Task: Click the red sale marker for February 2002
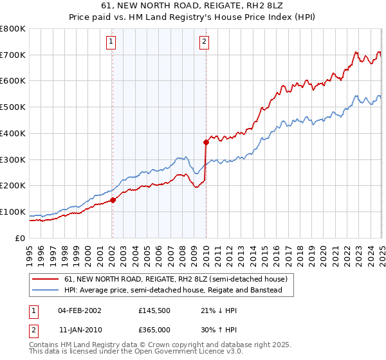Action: [113, 200]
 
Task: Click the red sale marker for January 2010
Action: [206, 142]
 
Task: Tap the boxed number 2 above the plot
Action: [204, 42]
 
